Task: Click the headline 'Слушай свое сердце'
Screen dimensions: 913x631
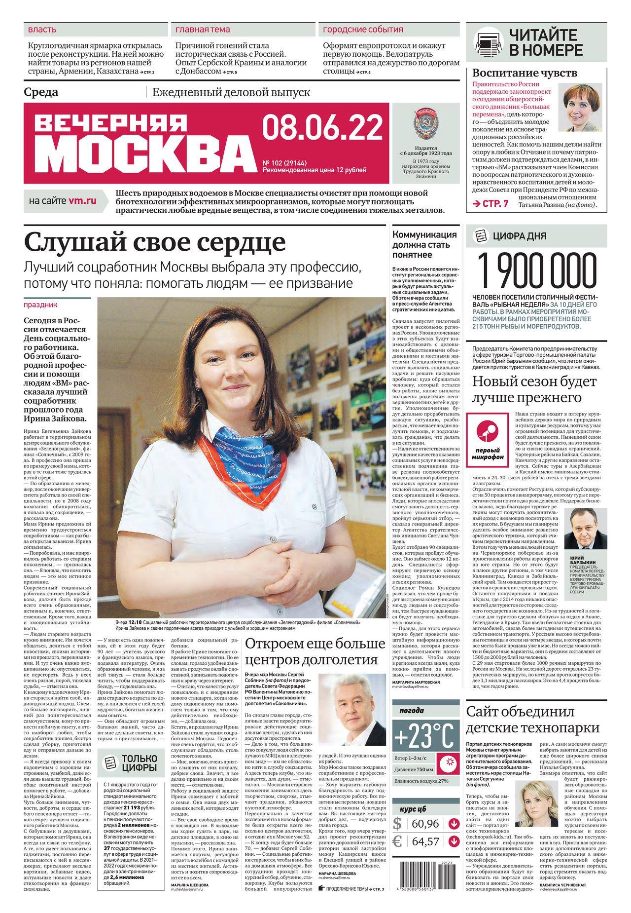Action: point(154,242)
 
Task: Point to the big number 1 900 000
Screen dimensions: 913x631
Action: point(536,269)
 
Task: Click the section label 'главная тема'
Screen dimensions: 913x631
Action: point(203,30)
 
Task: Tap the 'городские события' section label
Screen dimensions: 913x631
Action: point(363,30)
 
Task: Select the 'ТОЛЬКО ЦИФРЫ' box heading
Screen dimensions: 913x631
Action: point(140,762)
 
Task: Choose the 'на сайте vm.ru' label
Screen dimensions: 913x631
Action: point(63,201)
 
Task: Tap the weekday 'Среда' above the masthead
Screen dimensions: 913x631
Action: point(41,92)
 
